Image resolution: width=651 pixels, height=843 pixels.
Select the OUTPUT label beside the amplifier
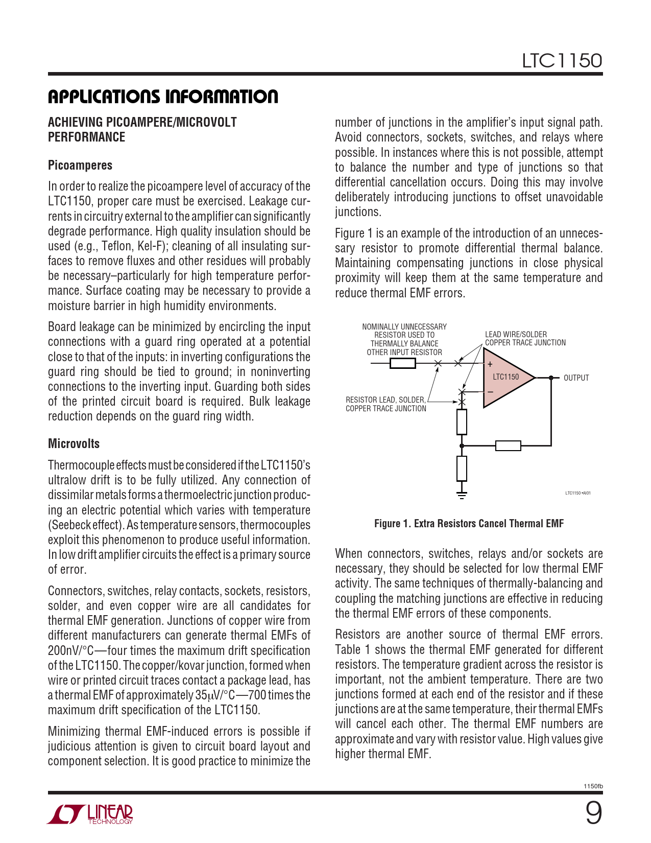pyautogui.click(x=576, y=378)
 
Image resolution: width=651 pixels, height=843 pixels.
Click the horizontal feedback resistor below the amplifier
pyautogui.click(x=508, y=446)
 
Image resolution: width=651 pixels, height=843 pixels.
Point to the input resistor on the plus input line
pyautogui.click(x=402, y=363)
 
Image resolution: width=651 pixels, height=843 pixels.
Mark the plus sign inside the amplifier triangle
pyautogui.click(x=490, y=365)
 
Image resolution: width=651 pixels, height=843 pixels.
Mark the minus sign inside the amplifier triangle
pyautogui.click(x=490, y=392)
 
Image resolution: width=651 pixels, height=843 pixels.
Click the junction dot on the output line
pyautogui.click(x=551, y=378)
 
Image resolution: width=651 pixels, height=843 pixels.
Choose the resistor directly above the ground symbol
pyautogui.click(x=462, y=468)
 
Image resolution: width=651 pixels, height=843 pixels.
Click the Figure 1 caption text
pyautogui.click(x=469, y=524)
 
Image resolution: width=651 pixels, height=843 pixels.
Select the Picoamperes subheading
pyautogui.click(x=80, y=166)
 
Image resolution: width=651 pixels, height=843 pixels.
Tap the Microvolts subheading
pyautogui.click(x=74, y=444)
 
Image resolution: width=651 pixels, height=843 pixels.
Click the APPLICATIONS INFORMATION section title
pyautogui.click(x=163, y=97)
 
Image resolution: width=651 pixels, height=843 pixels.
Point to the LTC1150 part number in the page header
pyautogui.click(x=562, y=61)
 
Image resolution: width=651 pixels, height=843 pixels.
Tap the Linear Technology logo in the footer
pyautogui.click(x=91, y=814)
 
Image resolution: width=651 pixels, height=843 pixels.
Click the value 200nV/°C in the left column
pyautogui.click(x=70, y=651)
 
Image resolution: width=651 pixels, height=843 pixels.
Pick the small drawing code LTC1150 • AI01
pyautogui.click(x=577, y=493)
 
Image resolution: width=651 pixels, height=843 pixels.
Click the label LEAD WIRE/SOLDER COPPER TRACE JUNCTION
pyautogui.click(x=525, y=339)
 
